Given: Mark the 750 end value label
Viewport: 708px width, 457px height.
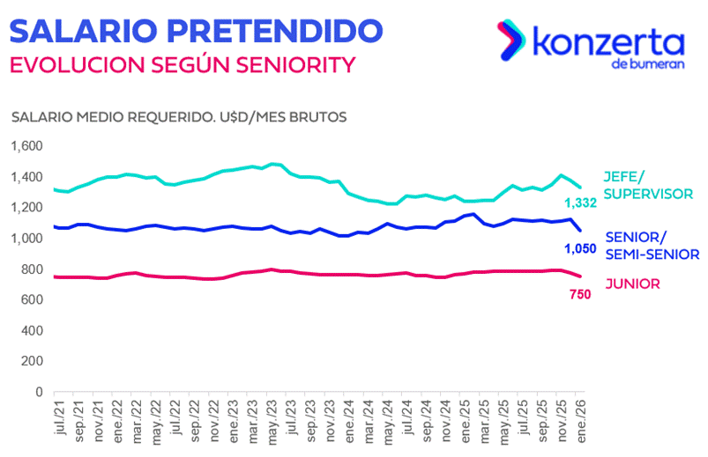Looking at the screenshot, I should (x=579, y=294).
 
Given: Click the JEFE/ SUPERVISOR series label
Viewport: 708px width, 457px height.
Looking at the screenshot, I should (x=646, y=183).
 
